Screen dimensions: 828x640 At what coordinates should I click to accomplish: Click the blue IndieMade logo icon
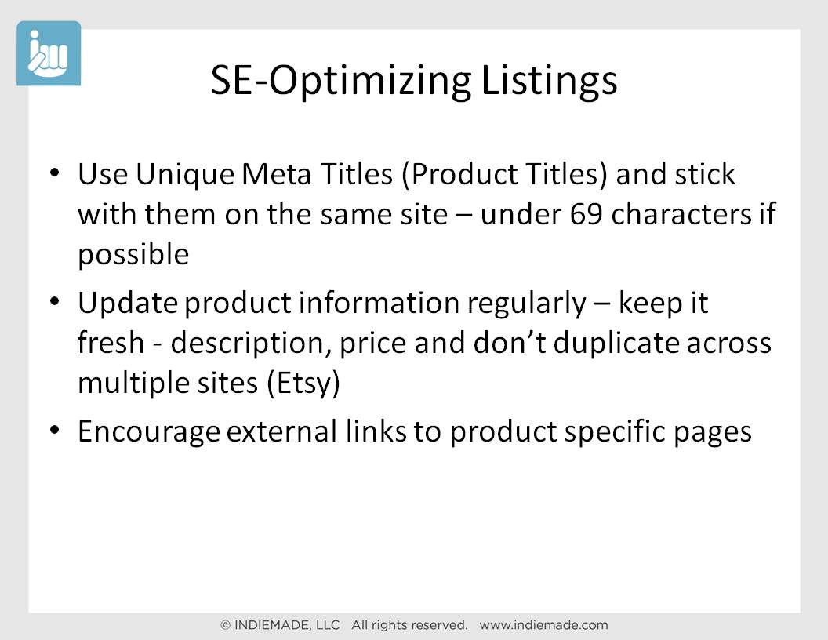pyautogui.click(x=49, y=53)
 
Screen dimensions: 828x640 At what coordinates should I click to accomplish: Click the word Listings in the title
pyautogui.click(x=549, y=81)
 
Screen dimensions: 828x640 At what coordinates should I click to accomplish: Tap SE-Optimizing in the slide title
pyautogui.click(x=341, y=81)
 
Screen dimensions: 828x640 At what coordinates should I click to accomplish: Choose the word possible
pyautogui.click(x=133, y=256)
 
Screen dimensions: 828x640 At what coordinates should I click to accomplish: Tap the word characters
pyautogui.click(x=681, y=214)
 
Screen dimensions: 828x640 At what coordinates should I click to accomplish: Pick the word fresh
pyautogui.click(x=111, y=342)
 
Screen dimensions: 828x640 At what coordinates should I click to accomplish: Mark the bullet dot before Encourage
pyautogui.click(x=54, y=430)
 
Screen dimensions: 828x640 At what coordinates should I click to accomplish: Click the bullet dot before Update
pyautogui.click(x=54, y=301)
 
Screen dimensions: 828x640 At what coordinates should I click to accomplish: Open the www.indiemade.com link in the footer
pyautogui.click(x=543, y=625)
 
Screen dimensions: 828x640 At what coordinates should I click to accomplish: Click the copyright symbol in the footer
pyautogui.click(x=225, y=625)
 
